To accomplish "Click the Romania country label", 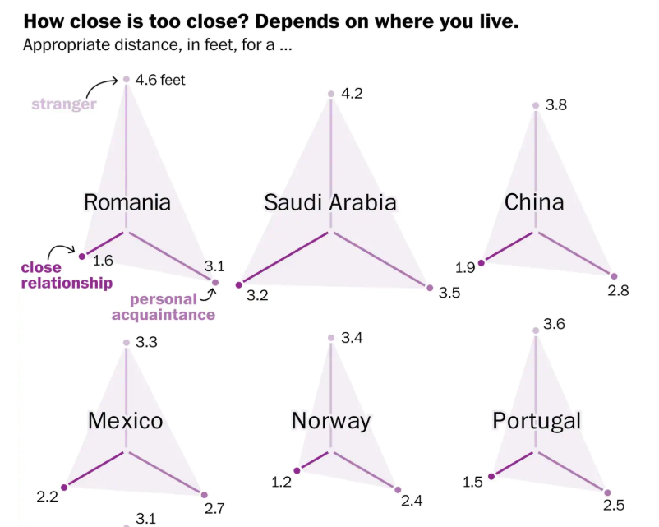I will tap(127, 202).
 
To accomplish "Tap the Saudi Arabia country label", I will tap(330, 202).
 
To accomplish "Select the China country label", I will tap(534, 201).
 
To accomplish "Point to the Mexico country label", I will tap(125, 421).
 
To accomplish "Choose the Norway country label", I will tap(330, 421).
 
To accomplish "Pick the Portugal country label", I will tap(537, 421).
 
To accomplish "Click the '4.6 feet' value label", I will tap(160, 80).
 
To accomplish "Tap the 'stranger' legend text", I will tap(64, 104).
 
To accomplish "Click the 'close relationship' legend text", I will tap(67, 275).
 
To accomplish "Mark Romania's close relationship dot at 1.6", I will tap(81, 257).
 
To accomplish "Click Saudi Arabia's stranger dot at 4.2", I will tap(331, 95).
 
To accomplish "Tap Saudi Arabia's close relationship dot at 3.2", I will tap(239, 284).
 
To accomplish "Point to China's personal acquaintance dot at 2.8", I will tap(614, 276).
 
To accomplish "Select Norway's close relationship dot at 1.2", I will tap(297, 470).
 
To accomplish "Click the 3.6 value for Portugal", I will tap(555, 325).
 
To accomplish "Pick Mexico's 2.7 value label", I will tap(214, 509).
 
